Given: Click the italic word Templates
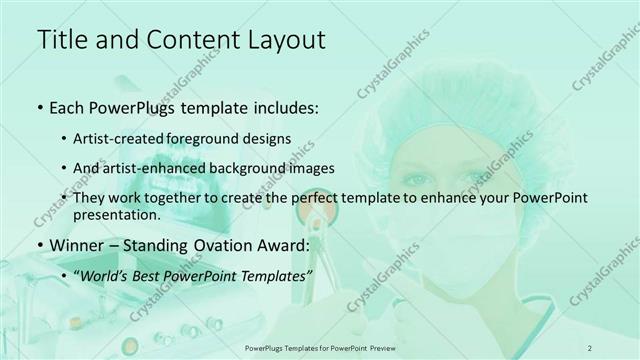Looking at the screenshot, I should (275, 275).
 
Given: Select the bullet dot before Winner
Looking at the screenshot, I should (39, 245).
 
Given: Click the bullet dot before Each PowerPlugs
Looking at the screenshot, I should (39, 107).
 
